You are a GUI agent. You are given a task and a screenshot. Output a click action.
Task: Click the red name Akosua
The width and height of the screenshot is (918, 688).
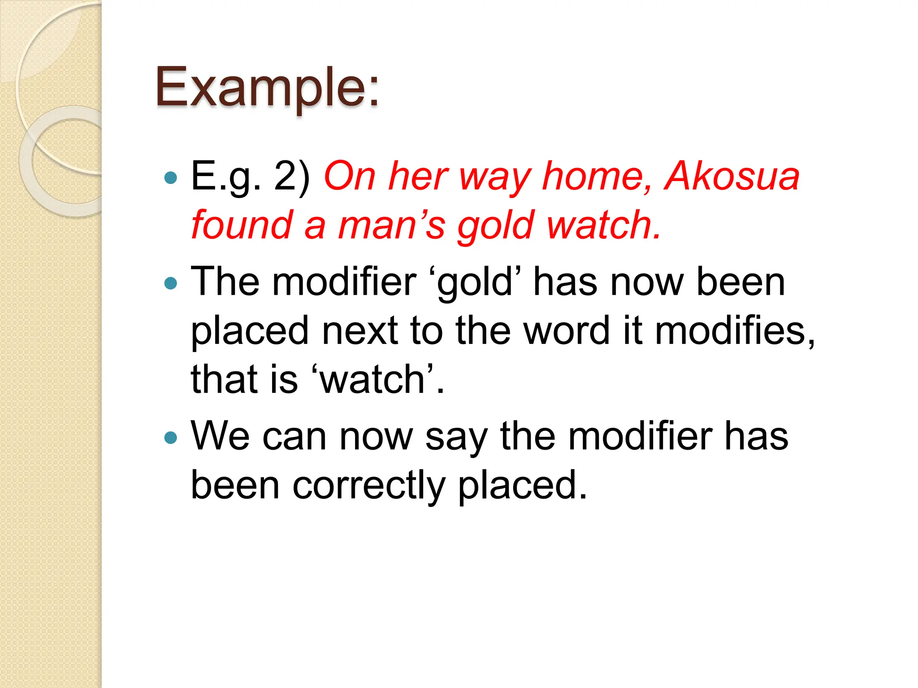point(732,176)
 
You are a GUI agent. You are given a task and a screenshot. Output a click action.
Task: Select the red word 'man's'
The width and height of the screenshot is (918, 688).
point(391,225)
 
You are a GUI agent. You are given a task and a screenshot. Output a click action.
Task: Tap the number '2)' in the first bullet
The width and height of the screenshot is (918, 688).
point(292,176)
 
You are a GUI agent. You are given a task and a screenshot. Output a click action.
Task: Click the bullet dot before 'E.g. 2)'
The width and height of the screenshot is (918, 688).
point(171,178)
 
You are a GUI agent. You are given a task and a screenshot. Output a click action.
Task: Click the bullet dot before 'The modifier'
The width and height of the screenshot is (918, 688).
point(171,283)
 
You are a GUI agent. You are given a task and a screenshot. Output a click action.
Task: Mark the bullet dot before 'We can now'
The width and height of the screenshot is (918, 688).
point(171,437)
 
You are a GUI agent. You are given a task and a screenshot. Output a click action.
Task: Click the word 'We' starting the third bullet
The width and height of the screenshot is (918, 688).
point(220,436)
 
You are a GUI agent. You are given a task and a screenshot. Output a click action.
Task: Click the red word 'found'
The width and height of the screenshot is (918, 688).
point(242,225)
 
